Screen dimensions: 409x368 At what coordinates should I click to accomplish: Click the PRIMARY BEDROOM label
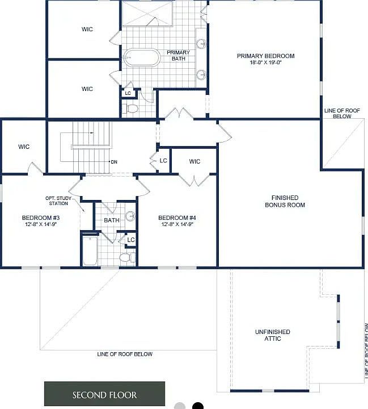pos(265,56)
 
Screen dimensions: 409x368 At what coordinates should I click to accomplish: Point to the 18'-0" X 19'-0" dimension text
pos(265,62)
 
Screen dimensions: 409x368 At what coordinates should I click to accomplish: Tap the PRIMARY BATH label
pos(177,56)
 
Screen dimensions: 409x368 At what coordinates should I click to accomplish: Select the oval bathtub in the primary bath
pos(142,58)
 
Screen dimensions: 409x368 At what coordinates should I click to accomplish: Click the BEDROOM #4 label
pos(177,218)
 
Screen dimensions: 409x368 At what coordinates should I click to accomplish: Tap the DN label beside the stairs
pos(113,162)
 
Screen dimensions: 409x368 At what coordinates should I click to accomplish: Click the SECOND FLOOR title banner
pos(104,394)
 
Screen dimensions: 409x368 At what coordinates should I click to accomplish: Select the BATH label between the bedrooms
pos(111,220)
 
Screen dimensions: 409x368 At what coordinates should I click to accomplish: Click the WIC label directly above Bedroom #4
pos(194,162)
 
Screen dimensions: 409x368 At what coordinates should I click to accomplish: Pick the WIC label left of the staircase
pos(24,147)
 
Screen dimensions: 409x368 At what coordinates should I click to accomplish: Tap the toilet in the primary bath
pos(132,108)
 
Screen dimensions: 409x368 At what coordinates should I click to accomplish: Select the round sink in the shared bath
pos(130,216)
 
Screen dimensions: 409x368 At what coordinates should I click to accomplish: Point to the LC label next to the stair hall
pos(163,161)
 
